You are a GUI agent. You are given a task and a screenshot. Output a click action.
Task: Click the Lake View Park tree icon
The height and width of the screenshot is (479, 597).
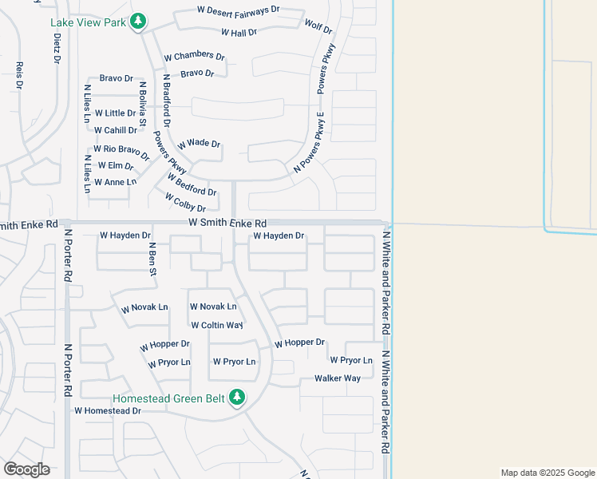(138, 21)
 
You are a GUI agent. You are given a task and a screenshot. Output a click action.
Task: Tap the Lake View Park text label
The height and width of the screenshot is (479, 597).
(88, 22)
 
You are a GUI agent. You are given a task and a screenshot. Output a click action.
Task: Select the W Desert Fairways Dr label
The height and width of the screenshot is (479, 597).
(239, 10)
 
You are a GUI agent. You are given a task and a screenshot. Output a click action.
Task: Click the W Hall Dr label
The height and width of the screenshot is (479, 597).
(239, 33)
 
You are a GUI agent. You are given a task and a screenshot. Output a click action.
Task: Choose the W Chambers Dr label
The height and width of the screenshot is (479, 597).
(195, 56)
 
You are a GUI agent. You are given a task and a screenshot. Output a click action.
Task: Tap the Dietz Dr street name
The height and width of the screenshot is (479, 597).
(57, 48)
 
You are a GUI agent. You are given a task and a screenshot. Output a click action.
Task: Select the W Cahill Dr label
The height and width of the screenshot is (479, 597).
(115, 130)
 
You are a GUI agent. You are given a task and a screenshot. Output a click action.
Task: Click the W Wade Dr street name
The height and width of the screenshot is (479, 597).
(199, 144)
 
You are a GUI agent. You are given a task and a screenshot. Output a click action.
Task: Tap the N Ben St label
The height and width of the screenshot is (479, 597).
(151, 260)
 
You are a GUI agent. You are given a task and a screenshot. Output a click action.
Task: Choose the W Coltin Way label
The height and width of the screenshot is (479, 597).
(217, 325)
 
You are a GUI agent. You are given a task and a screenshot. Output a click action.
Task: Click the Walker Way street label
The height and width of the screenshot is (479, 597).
(338, 378)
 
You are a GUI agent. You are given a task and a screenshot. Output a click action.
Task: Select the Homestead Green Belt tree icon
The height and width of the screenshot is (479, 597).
(236, 396)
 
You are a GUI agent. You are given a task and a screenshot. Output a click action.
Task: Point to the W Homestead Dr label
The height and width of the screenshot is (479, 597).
(108, 410)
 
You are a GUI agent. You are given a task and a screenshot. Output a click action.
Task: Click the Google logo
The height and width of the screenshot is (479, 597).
(27, 469)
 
